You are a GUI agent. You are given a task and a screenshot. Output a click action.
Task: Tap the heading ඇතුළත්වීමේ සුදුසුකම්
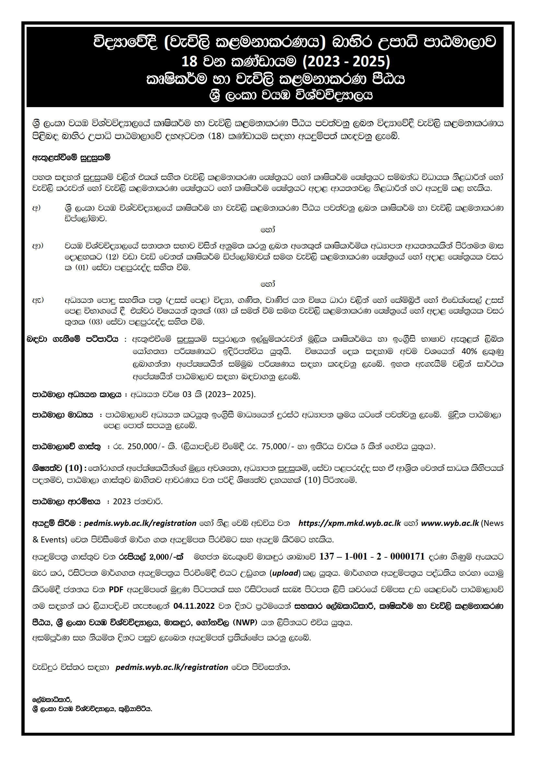coord(71,158)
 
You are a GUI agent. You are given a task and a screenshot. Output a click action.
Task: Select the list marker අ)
coord(36,208)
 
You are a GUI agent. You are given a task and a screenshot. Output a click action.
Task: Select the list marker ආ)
coord(38,246)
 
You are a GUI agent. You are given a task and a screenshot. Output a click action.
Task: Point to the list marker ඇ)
coord(38,300)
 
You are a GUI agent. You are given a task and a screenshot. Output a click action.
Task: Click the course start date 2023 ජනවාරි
coord(138,501)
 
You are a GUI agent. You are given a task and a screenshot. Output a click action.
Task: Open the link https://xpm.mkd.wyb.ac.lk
coord(350,523)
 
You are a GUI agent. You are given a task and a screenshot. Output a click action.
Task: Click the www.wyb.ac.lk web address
coord(449,523)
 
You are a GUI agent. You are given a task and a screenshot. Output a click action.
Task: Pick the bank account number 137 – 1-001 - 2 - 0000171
coord(372,557)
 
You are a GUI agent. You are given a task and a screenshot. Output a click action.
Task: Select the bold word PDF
coord(116,589)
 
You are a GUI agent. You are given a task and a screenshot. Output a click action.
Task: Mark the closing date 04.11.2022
coord(194,606)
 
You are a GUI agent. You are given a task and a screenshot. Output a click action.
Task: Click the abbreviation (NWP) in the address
coord(245,622)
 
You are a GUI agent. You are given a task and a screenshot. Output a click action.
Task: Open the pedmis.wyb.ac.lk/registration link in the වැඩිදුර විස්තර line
coord(172,667)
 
